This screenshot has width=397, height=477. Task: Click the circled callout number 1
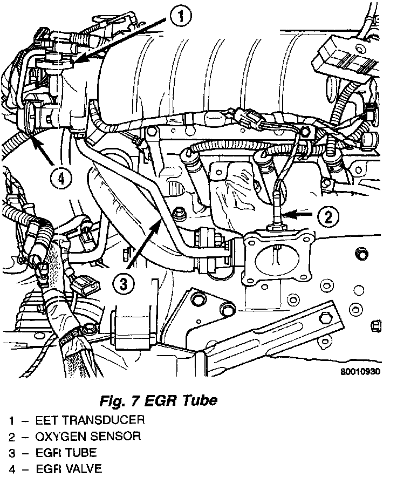[x=182, y=17]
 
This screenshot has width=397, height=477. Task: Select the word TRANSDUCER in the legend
[x=109, y=419]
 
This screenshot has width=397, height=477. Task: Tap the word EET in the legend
[x=46, y=419]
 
